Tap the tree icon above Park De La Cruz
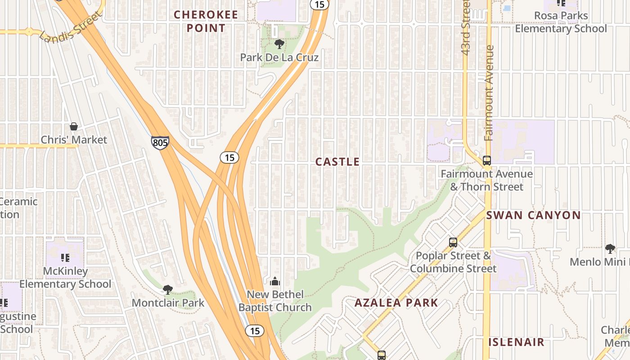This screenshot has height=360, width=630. pos(279,44)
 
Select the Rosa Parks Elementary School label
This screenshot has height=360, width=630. pos(561,22)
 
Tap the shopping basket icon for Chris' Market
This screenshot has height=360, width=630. pos(74,126)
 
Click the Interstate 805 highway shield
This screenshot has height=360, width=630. pos(160,143)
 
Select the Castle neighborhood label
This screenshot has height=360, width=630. pos(337,162)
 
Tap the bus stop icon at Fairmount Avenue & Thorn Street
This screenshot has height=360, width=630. pos(486,160)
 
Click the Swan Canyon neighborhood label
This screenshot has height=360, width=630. pos(533,215)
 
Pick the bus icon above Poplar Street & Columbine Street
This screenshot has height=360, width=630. pos(453,242)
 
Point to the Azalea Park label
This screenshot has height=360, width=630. pos(396,302)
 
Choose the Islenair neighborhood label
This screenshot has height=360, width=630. pos(516,342)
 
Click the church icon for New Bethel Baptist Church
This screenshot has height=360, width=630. pos(275,282)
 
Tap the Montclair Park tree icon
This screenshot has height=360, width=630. pos(168,289)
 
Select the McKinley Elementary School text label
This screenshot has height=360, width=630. pos(65,278)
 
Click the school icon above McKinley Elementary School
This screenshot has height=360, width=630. pos(65,258)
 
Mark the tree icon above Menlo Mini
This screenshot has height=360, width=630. pos(610,248)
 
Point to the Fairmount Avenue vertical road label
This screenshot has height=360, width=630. pos(489,93)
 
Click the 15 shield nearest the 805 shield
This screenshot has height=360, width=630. pos(229,157)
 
